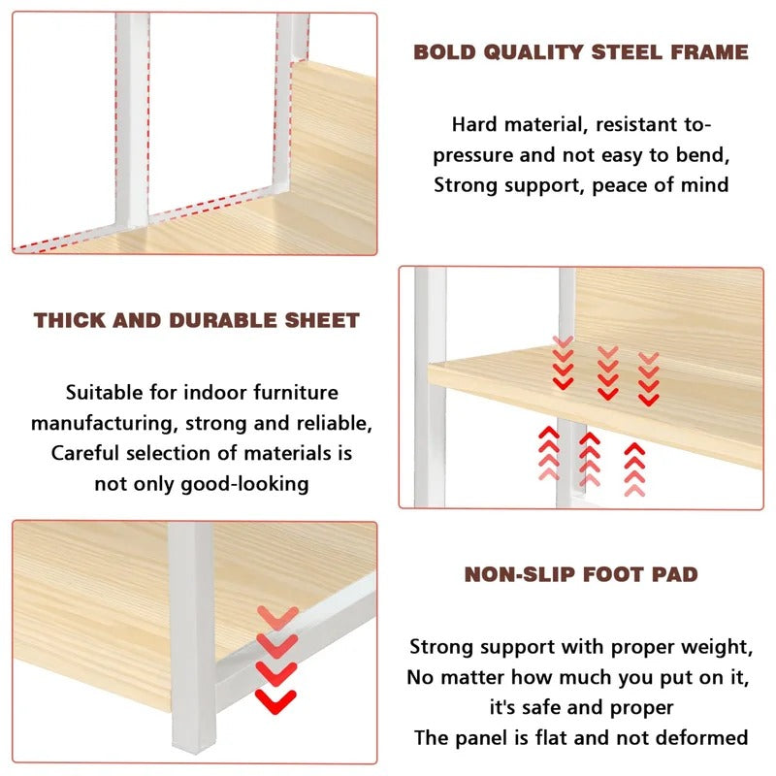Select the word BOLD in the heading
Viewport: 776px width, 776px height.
coord(444,52)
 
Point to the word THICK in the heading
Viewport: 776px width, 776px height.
coord(70,320)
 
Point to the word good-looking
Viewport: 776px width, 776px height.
coord(244,484)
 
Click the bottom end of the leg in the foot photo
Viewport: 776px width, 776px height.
coord(193,751)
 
